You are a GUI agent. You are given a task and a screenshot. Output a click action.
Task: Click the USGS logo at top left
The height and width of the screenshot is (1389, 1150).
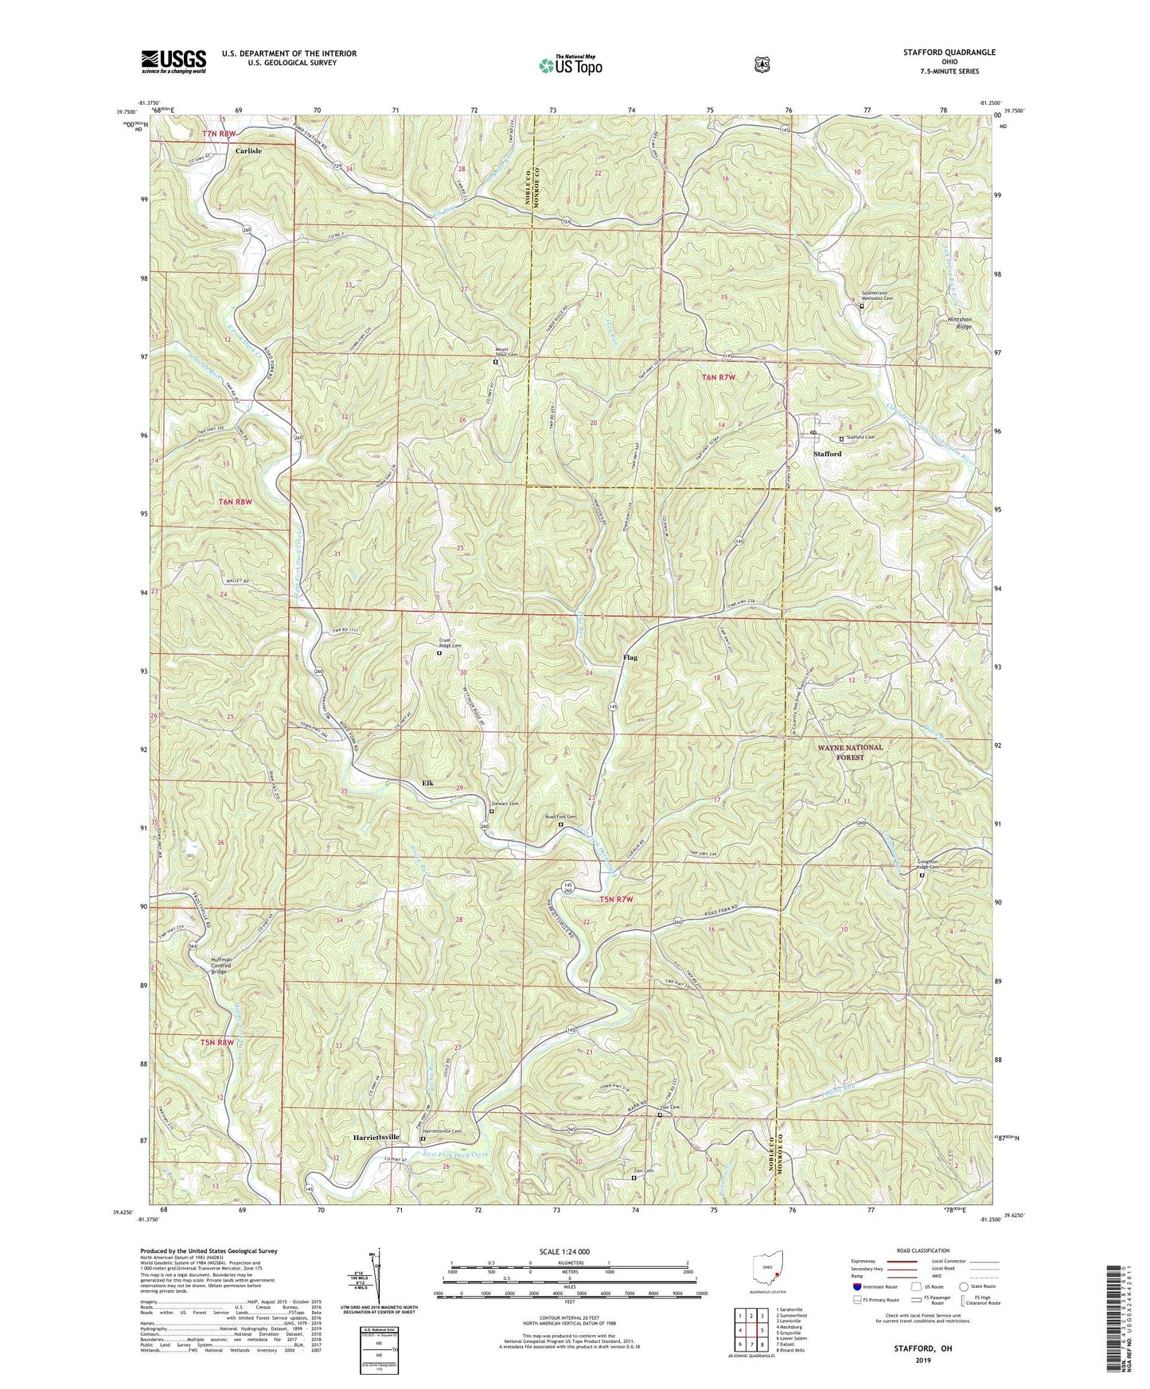tap(173, 60)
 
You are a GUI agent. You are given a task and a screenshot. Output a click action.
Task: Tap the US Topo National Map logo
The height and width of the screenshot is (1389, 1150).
tap(570, 64)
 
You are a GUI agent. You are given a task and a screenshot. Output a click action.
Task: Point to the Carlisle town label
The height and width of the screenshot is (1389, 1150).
tap(248, 150)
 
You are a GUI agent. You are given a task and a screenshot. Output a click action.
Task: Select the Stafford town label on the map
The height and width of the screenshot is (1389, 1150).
tap(827, 454)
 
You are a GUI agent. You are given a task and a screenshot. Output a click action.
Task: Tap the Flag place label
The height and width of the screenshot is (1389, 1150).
tap(630, 658)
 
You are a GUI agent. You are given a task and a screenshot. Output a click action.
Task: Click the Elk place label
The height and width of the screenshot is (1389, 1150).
tap(428, 784)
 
